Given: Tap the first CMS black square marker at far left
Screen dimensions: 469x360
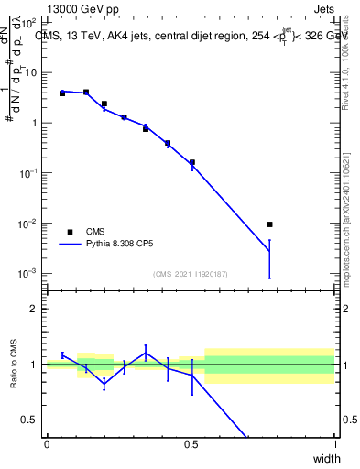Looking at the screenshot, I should (62, 93).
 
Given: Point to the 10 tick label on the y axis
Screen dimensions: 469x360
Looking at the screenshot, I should (32, 72).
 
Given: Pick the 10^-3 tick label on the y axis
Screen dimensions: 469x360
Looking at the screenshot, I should (30, 274).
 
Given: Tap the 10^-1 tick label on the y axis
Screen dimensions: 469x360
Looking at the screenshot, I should (30, 173).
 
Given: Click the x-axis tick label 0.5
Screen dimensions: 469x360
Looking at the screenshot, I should (190, 444).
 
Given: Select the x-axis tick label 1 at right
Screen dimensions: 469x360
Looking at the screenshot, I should (334, 444).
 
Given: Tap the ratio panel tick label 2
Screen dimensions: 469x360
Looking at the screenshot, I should (36, 310).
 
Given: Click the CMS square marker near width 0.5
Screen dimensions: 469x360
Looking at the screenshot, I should (192, 163).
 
